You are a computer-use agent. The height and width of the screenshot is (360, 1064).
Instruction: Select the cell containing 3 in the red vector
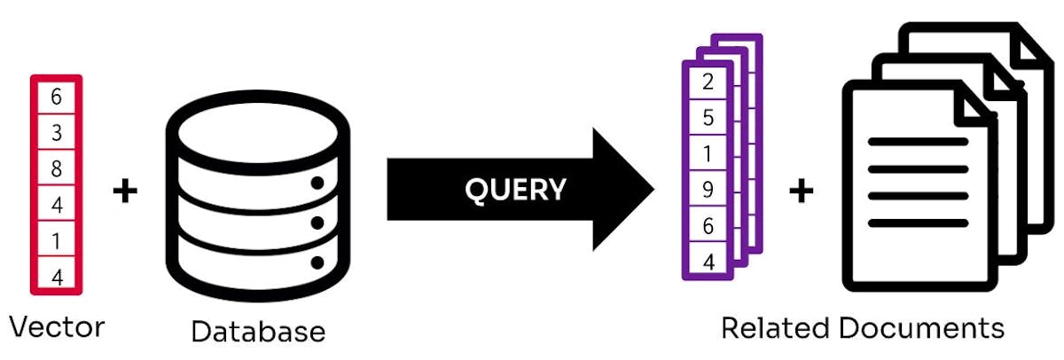click(x=57, y=133)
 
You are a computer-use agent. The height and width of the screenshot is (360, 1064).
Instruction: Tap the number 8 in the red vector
click(x=57, y=168)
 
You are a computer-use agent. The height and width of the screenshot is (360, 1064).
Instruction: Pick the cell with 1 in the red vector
click(x=57, y=240)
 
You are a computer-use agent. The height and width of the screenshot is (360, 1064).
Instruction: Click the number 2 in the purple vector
click(x=708, y=82)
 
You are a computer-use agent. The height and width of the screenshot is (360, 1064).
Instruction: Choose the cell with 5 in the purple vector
click(x=708, y=118)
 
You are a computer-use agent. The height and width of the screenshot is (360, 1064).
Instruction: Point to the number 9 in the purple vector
click(x=708, y=189)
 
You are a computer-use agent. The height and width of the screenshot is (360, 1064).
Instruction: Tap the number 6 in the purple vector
click(x=708, y=225)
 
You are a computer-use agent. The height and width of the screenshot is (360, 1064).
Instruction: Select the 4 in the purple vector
click(x=708, y=261)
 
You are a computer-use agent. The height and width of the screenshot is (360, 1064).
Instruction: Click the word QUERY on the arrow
click(x=514, y=189)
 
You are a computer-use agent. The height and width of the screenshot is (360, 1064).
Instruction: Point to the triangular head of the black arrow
click(x=621, y=189)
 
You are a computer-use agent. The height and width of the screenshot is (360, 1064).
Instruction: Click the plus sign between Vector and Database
click(x=126, y=190)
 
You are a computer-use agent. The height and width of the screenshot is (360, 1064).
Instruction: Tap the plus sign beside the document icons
click(x=802, y=190)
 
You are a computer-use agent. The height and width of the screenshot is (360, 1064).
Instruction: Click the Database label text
click(x=258, y=332)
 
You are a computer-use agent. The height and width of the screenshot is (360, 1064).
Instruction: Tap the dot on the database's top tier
click(x=317, y=184)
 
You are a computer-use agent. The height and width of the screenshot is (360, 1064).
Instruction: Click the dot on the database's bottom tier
click(x=317, y=262)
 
